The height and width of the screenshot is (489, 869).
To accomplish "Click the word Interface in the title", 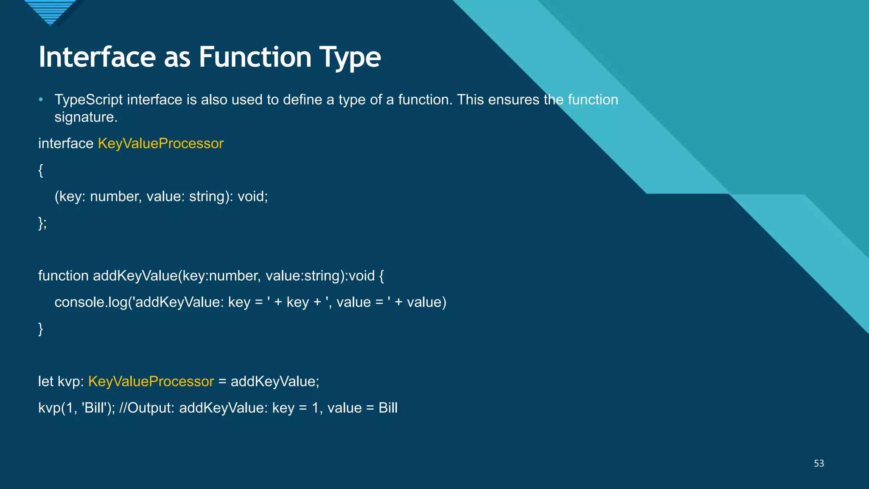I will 97,57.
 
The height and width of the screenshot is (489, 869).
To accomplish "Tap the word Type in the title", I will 350,58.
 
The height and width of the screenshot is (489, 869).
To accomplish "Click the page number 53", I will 819,464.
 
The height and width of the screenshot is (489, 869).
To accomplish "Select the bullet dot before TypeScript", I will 41,100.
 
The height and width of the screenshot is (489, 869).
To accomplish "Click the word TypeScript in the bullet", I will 89,100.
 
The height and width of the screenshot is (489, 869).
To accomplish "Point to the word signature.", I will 86,118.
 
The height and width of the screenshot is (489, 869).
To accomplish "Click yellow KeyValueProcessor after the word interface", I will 160,143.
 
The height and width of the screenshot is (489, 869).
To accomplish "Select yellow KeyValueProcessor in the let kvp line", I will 151,382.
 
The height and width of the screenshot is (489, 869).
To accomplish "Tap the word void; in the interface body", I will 252,197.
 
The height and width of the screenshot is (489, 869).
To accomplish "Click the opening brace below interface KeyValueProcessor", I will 41,170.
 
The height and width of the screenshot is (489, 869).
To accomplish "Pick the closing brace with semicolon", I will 42,223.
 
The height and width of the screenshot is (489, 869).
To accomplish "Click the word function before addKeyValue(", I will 63,276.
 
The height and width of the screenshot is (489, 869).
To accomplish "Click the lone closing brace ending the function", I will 41,329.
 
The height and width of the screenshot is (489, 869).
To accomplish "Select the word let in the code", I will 45,382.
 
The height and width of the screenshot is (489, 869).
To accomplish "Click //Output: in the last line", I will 147,408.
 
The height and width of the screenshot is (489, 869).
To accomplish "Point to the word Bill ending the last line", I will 388,408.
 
